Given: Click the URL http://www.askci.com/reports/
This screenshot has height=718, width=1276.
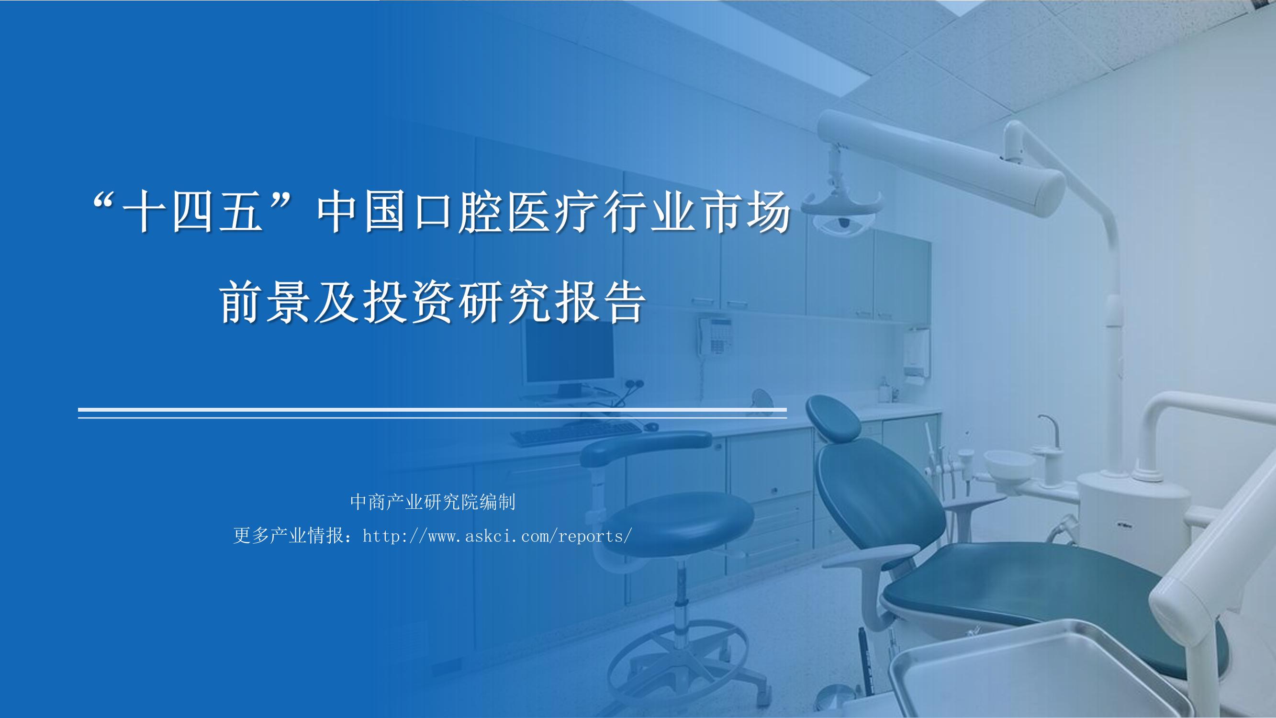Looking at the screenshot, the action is pyautogui.click(x=497, y=536).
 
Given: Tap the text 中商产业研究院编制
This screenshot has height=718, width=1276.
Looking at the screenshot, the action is pyautogui.click(x=433, y=502).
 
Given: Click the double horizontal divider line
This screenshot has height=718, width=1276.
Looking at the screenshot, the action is pyautogui.click(x=433, y=413).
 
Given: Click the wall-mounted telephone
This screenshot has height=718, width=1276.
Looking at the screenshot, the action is pyautogui.click(x=714, y=336).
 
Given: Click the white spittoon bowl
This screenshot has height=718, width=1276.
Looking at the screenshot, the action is pyautogui.click(x=1009, y=463).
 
